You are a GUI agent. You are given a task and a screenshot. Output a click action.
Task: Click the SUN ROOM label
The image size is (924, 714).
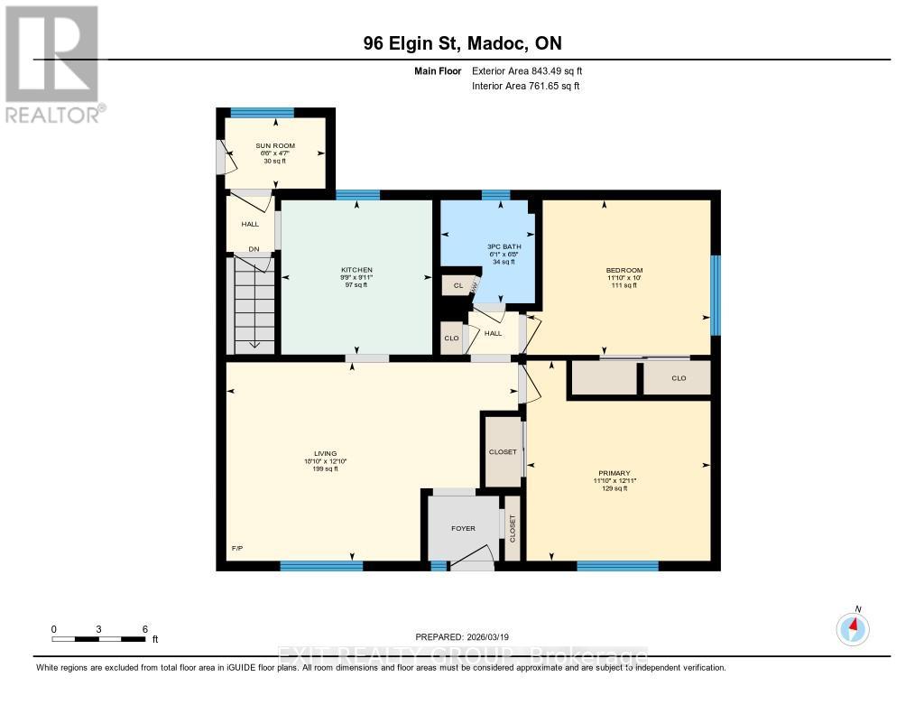coord(273,145)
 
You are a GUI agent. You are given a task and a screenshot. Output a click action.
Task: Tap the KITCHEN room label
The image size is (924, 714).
coord(356,270)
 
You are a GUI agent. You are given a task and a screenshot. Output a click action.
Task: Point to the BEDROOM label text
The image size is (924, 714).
coord(624,271)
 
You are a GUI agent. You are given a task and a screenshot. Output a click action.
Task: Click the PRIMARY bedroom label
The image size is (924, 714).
coord(614,473)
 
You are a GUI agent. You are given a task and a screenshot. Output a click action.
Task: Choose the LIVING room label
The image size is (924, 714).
coord(325,453)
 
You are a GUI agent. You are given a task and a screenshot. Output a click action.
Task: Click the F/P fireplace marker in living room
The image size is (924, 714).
coord(238,548)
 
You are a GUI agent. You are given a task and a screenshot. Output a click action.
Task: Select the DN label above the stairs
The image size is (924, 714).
coord(254,250)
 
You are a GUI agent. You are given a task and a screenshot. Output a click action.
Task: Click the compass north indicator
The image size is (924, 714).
coord(853,627)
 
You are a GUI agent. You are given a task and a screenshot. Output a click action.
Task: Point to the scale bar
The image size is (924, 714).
coord(99,639)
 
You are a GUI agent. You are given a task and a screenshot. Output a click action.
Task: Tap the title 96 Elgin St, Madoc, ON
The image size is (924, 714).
coord(461,42)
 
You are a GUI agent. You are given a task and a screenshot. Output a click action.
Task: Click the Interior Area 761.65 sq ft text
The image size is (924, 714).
coord(525,86)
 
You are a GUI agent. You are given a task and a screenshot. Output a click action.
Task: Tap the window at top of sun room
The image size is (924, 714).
coord(262,113)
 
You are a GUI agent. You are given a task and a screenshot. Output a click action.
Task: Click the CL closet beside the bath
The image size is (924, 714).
coord(457,285)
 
